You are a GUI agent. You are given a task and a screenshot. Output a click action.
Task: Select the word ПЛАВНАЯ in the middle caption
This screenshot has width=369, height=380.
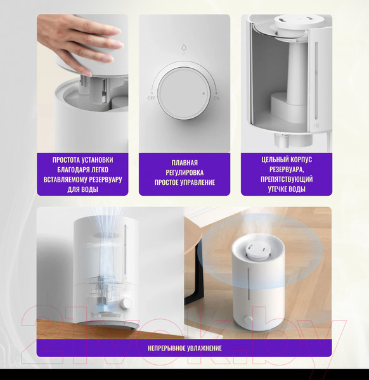pyautogui.click(x=184, y=163)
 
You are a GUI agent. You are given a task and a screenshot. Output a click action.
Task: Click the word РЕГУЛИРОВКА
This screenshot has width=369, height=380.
pyautogui.click(x=184, y=172)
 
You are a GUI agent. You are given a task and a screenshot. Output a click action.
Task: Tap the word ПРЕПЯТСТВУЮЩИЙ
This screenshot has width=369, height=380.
pyautogui.click(x=287, y=179)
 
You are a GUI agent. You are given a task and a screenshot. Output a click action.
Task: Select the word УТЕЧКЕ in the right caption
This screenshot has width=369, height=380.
pyautogui.click(x=277, y=189)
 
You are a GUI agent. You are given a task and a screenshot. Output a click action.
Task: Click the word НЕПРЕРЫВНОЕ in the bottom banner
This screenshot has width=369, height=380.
pyautogui.click(x=166, y=348)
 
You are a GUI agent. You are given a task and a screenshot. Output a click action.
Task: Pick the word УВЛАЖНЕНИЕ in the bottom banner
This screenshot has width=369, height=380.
pyautogui.click(x=204, y=348)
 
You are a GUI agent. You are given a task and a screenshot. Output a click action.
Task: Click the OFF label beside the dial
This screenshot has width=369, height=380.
pyautogui.click(x=151, y=98)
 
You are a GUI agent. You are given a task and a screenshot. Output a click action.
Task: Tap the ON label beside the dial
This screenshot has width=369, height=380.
pyautogui.click(x=216, y=98)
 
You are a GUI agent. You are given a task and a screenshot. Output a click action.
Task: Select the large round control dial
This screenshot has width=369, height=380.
pyautogui.click(x=183, y=93)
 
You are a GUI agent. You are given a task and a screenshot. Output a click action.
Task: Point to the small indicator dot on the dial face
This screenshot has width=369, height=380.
pyautogui.click(x=204, y=93)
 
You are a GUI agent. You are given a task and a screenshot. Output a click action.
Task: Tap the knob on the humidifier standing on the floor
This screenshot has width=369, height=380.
pyautogui.click(x=248, y=319)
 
